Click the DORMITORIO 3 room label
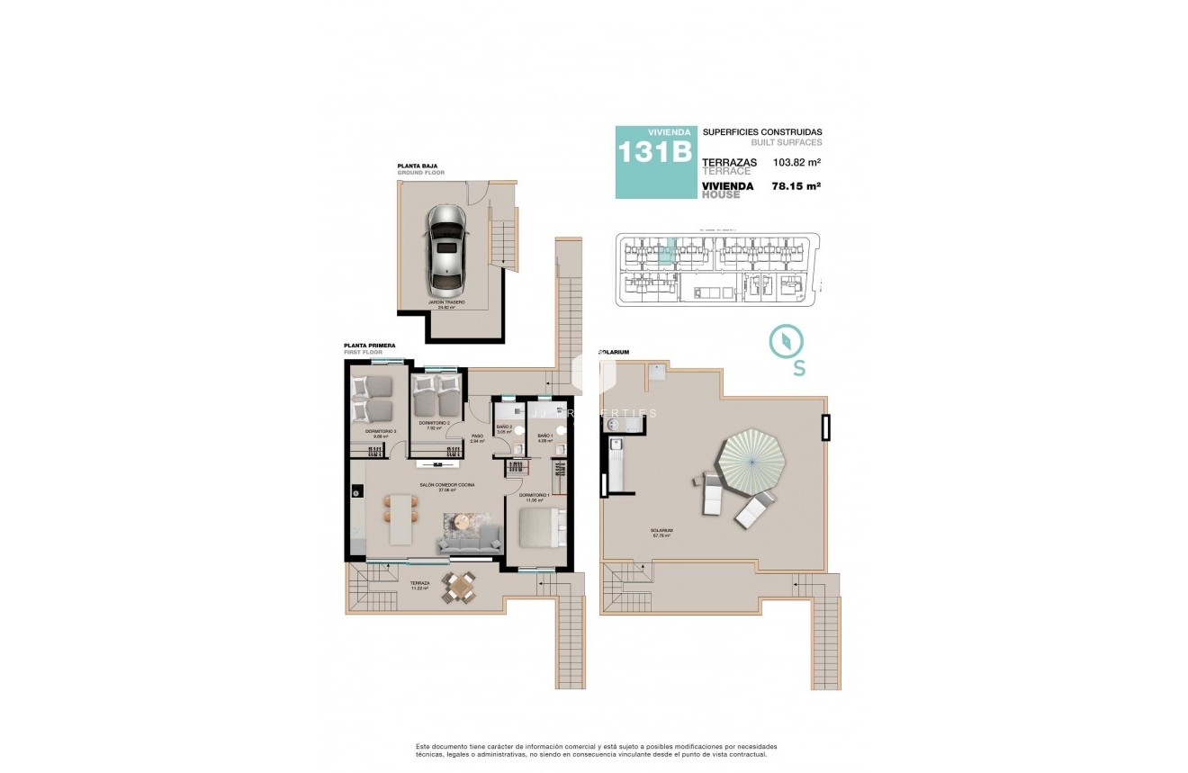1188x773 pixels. (x=381, y=434)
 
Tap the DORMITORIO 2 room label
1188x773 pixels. (x=434, y=425)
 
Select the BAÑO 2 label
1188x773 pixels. (x=504, y=428)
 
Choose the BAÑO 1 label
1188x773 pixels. (x=544, y=438)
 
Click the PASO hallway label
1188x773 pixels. (x=477, y=439)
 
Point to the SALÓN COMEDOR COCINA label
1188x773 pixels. (x=446, y=487)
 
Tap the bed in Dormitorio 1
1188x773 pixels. (x=537, y=532)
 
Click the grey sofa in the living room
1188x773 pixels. (x=469, y=540)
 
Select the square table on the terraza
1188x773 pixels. (x=463, y=588)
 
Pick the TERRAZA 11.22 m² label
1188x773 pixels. (x=419, y=585)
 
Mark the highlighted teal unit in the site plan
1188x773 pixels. (x=665, y=251)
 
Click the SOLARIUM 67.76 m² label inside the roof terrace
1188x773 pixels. (x=661, y=533)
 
